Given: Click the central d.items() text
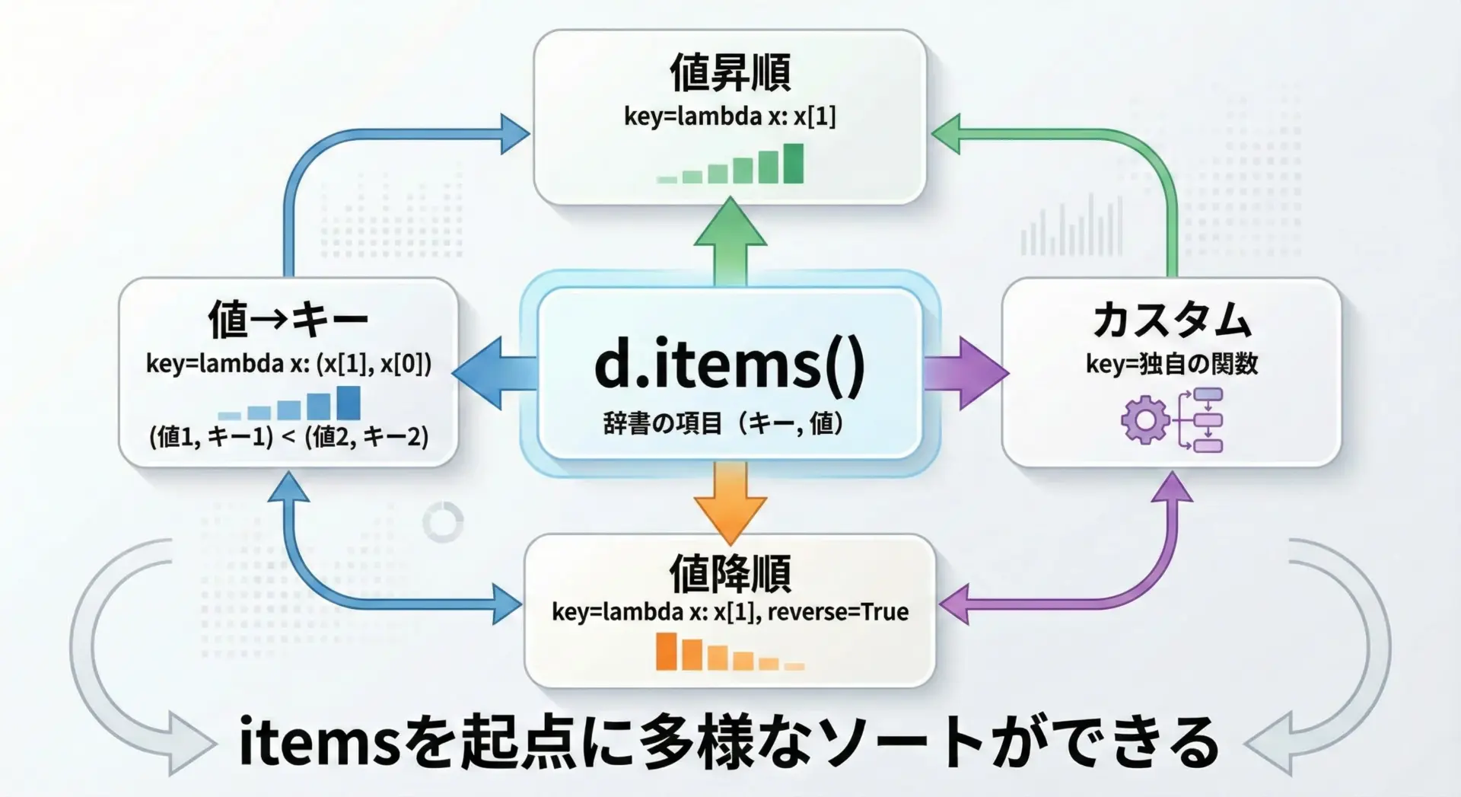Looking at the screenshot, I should [x=729, y=365].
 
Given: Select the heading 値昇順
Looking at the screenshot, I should [x=730, y=73].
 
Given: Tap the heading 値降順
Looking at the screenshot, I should [x=730, y=573].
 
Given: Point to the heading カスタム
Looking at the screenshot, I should [x=1172, y=320].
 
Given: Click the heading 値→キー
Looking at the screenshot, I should [x=288, y=320].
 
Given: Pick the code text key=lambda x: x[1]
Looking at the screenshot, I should [x=730, y=116].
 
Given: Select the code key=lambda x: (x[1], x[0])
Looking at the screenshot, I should [x=288, y=364].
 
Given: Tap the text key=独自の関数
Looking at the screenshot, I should [x=1172, y=364].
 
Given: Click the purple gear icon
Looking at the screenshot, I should [x=1144, y=420].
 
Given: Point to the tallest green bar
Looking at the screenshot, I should [x=793, y=163].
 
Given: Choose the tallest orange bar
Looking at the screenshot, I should [x=666, y=652].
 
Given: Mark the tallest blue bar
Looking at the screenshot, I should [x=349, y=403].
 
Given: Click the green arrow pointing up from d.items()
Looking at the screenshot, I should [x=730, y=240].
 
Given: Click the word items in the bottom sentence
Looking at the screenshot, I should [x=320, y=743].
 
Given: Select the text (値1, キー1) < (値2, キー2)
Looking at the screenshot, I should [x=288, y=437].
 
